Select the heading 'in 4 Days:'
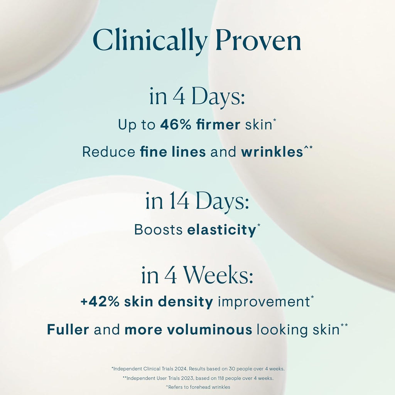point(197,98)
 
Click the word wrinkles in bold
point(272,152)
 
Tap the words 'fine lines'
point(172,152)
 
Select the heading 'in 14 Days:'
point(197,202)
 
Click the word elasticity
point(221,230)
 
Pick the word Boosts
point(158,230)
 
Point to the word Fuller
point(68,330)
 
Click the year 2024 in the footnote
point(184,369)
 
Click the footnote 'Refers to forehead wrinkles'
point(198,387)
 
